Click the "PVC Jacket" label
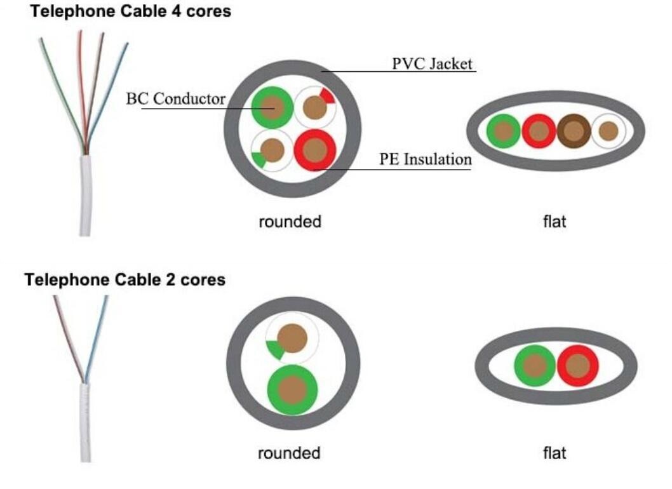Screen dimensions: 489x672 click(432, 64)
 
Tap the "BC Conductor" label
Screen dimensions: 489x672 click(175, 99)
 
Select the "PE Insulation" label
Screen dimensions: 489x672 click(426, 159)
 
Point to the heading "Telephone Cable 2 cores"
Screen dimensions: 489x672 click(124, 279)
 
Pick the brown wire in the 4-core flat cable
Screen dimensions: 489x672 click(574, 131)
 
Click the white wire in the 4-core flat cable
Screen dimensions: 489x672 click(608, 131)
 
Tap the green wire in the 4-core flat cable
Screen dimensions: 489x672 click(503, 131)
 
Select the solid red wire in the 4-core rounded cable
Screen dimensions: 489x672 click(314, 150)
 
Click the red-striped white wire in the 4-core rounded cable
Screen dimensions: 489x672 click(315, 107)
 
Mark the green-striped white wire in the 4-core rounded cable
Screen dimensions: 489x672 click(272, 151)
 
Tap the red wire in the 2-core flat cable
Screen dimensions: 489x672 click(577, 366)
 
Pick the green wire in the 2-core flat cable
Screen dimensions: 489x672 click(535, 366)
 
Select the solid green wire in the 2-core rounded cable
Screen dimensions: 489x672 click(292, 388)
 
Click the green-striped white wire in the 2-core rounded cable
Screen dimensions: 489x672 click(292, 338)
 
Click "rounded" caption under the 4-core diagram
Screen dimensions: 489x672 click(290, 222)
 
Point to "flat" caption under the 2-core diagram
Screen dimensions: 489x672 click(554, 453)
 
